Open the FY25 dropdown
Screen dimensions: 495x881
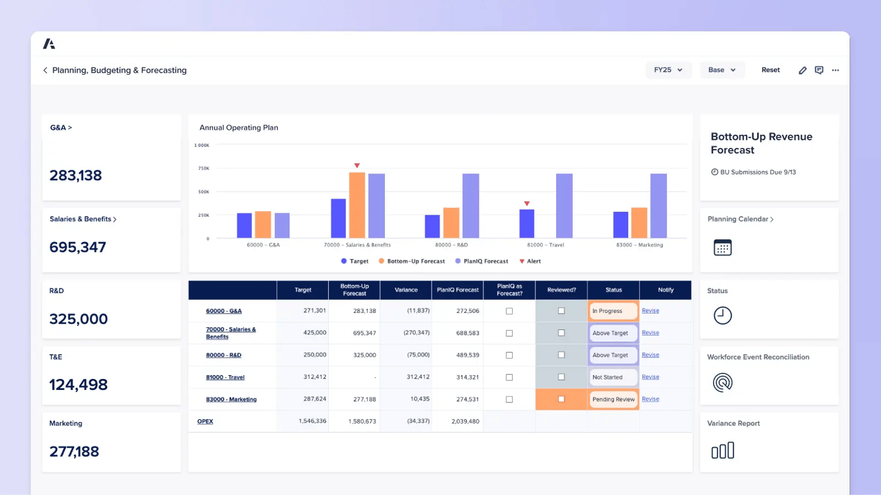coord(667,70)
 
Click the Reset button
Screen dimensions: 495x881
coord(770,70)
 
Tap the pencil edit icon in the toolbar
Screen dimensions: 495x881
coord(802,70)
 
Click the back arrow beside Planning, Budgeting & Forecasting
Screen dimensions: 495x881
coord(45,70)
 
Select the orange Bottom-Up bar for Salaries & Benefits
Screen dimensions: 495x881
coord(357,206)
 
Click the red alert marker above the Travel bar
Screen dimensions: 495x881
coord(527,204)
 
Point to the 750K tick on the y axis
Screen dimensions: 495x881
coord(203,168)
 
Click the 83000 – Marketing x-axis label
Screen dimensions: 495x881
coord(639,245)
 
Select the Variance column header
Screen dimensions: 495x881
coord(406,290)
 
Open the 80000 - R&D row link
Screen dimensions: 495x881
coord(223,355)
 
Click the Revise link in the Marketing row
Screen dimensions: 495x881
coord(650,399)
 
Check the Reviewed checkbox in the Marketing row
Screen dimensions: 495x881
coord(561,399)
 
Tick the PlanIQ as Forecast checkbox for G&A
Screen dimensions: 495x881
coord(509,311)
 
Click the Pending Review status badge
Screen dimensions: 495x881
coord(613,400)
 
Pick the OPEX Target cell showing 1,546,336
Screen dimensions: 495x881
coord(312,421)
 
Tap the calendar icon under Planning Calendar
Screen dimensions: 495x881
coord(722,248)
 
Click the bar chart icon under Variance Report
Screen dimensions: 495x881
coord(722,451)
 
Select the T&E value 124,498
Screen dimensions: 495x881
coord(78,385)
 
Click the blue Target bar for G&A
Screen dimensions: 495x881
coord(244,226)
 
